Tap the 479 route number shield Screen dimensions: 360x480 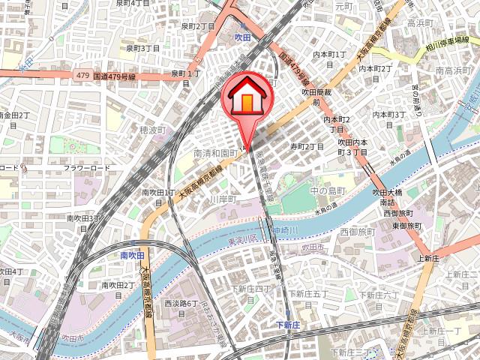[x=82, y=76]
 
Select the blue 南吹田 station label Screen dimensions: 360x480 [x=132, y=256]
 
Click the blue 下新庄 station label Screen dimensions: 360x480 [x=288, y=325]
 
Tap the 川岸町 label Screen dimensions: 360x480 [x=223, y=200]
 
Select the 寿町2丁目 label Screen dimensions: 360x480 [x=307, y=146]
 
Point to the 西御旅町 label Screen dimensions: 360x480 [x=357, y=232]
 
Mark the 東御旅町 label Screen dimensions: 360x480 [x=407, y=224]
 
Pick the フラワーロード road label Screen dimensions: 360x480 [x=87, y=168]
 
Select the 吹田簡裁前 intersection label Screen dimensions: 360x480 [x=317, y=97]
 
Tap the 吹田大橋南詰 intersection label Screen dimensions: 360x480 [x=388, y=197]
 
